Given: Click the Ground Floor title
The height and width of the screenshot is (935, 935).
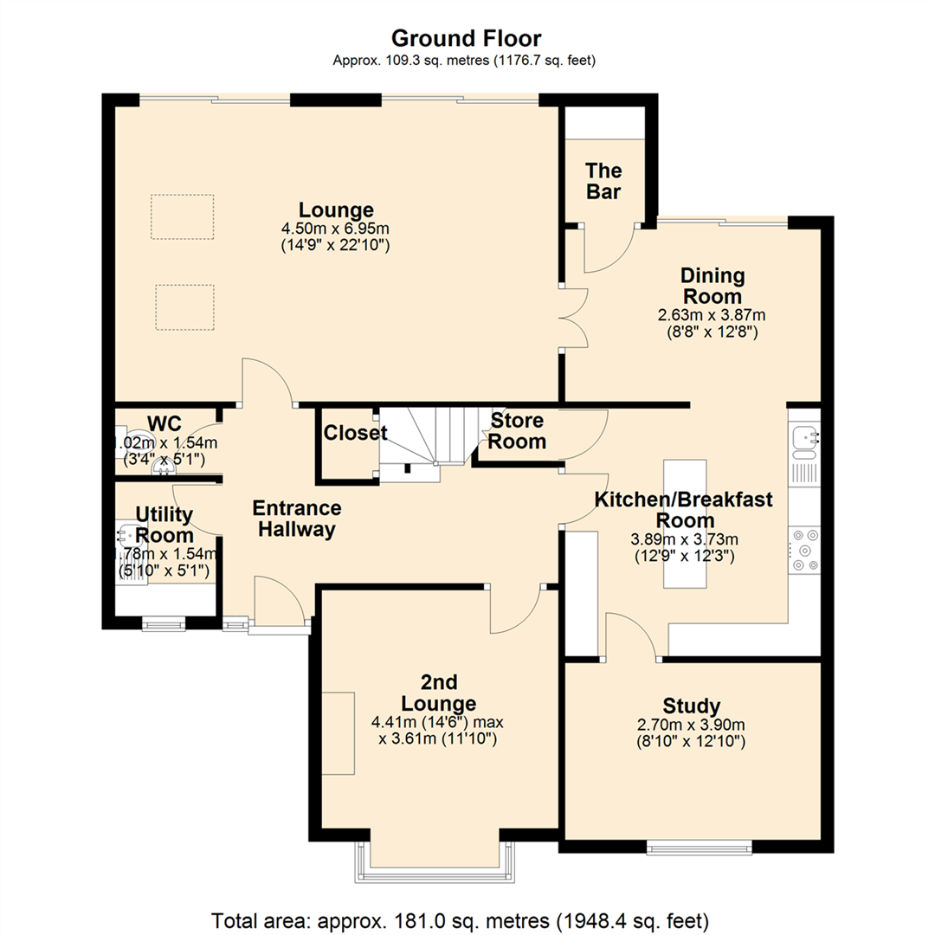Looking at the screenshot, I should click(467, 38).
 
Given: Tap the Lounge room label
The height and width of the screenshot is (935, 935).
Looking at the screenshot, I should click(336, 210).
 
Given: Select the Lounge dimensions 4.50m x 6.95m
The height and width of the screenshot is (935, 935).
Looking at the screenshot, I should click(336, 229).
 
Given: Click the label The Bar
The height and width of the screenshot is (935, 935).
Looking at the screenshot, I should click(603, 181).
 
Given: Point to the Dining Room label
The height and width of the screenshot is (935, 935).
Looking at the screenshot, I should click(713, 287).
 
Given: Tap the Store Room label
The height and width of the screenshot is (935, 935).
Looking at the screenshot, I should click(519, 431).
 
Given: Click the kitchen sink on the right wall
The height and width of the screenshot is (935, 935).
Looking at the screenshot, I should click(803, 440).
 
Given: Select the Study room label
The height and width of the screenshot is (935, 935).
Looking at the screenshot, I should click(692, 705).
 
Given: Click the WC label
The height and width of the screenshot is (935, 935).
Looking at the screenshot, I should click(164, 423).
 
